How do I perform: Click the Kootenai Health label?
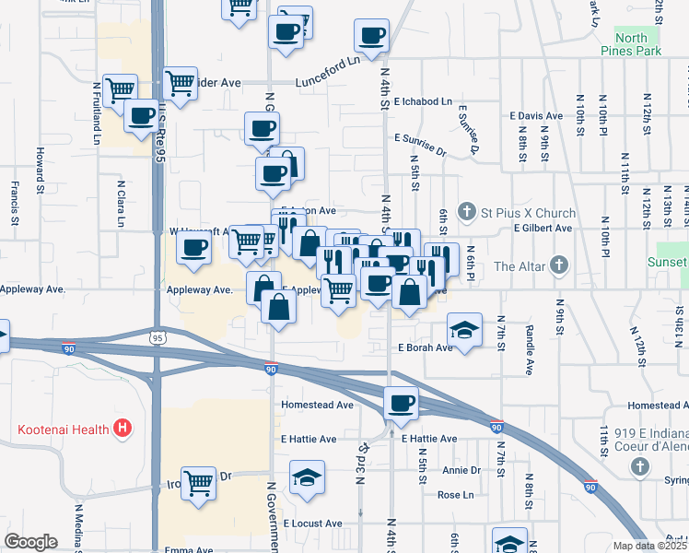(x=62, y=429)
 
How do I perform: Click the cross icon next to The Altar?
(x=558, y=267)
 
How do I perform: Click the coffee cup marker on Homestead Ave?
(x=401, y=403)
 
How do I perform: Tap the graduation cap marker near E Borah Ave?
(x=464, y=329)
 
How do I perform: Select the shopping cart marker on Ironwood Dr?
(x=199, y=482)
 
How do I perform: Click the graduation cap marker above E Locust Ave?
(x=307, y=477)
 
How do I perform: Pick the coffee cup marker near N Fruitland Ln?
(x=141, y=116)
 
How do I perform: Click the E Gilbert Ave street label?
(x=543, y=228)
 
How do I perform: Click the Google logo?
(x=31, y=542)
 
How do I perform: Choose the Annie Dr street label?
(x=461, y=470)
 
